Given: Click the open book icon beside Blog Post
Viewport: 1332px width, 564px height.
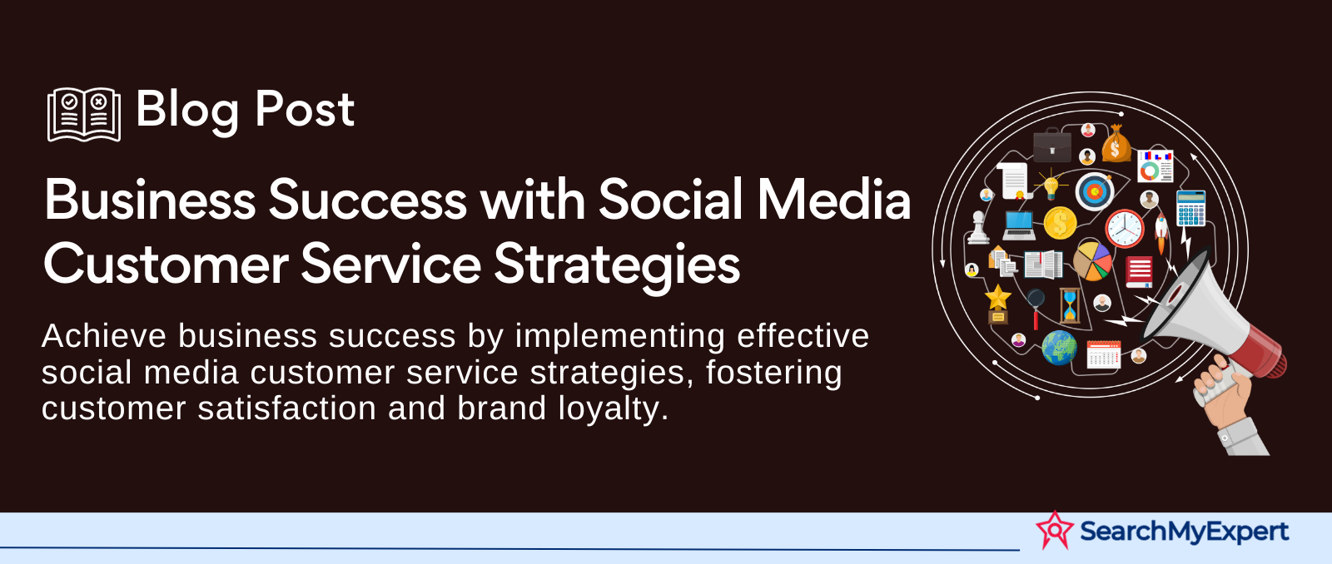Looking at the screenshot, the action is click(x=84, y=114).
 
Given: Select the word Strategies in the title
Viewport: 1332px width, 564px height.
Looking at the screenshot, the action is click(x=617, y=265).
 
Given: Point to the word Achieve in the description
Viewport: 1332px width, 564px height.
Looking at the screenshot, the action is click(x=104, y=336).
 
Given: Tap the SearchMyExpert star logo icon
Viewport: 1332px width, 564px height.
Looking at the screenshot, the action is click(x=1055, y=530).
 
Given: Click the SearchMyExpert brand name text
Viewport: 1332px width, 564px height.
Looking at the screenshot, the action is click(x=1184, y=532).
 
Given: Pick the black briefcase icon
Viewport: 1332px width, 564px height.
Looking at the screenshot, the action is click(x=1052, y=145).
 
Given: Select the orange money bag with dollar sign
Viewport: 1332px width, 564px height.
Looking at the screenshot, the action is click(x=1116, y=144).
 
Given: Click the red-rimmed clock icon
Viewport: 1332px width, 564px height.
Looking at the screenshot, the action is click(x=1124, y=229).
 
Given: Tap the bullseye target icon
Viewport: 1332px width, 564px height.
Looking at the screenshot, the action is click(x=1094, y=191).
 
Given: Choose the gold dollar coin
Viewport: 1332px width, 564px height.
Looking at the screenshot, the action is click(x=1060, y=223).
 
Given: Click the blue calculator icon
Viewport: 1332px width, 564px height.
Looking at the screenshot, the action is click(x=1191, y=208).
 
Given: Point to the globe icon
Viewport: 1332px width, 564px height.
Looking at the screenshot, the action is click(x=1059, y=348).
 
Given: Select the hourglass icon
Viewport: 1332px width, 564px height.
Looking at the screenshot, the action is click(x=1070, y=306).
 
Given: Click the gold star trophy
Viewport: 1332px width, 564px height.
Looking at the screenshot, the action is click(x=998, y=304).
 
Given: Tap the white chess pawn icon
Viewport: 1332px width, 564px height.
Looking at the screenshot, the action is click(x=977, y=228).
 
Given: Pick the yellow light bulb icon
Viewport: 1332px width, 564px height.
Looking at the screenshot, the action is click(x=1051, y=184).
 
